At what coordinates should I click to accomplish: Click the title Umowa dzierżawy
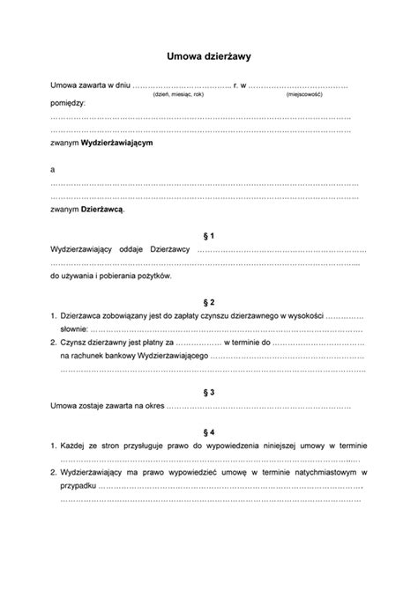[x=209, y=55]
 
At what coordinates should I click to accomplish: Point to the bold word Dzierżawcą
[x=103, y=209]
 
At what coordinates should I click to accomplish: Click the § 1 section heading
[x=209, y=235]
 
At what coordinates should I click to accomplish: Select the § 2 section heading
[x=209, y=300]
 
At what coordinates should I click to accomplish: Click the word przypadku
[x=78, y=485]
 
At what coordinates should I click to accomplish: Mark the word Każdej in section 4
[x=76, y=446]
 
